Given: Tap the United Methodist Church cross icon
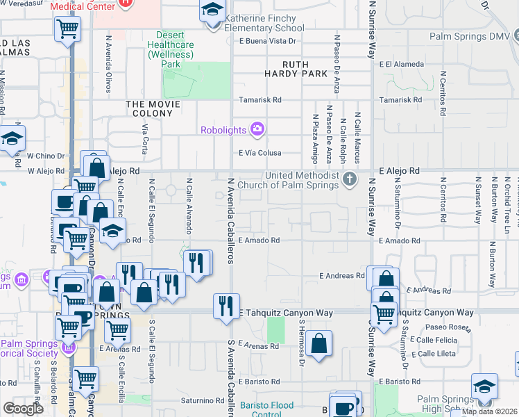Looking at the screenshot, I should point(350,179).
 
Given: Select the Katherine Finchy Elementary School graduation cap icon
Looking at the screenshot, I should point(211,11).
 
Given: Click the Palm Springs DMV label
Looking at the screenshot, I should point(469,36).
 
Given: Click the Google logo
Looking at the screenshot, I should point(24,409).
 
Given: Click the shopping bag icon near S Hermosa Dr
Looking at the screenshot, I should point(318,343).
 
